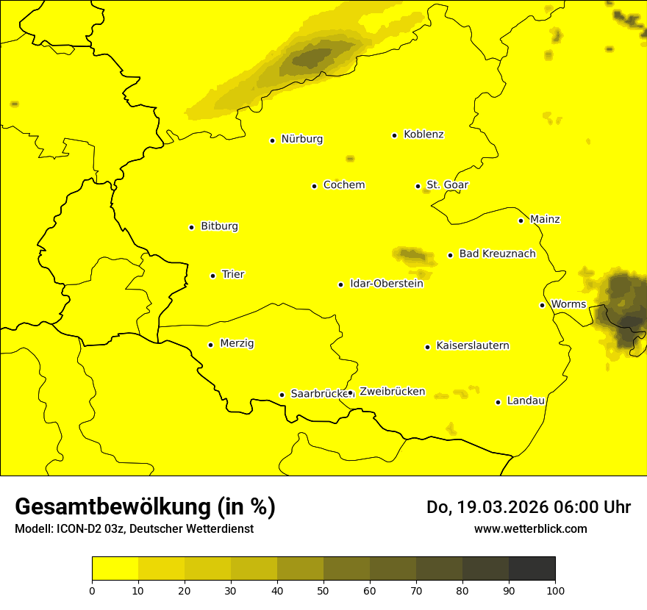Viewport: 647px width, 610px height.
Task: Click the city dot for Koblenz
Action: tap(395, 135)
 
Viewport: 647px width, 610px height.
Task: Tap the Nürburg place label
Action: tap(301, 139)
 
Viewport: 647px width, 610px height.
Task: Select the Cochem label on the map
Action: tap(344, 185)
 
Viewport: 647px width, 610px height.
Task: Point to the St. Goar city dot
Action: tap(418, 186)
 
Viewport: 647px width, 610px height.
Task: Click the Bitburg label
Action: tap(219, 226)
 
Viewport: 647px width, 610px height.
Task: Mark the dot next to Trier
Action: tap(213, 276)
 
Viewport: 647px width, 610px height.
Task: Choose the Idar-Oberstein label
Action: tap(387, 284)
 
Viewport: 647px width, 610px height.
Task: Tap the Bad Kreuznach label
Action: tap(497, 254)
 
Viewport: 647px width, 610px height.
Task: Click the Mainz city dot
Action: tap(521, 220)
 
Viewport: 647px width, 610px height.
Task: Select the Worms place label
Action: tap(568, 304)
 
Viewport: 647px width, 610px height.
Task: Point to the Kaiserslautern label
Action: tap(473, 346)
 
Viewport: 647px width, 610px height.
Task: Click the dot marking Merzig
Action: tap(210, 345)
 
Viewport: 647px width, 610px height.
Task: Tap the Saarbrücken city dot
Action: tap(282, 395)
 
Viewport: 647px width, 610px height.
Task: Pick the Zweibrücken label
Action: tap(392, 392)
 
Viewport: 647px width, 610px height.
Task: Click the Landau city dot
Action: tap(498, 402)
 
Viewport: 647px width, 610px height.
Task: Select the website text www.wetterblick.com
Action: tap(530, 528)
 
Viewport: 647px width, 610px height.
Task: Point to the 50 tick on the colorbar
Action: tap(323, 589)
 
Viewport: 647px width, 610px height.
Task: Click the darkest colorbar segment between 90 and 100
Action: tap(532, 568)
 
